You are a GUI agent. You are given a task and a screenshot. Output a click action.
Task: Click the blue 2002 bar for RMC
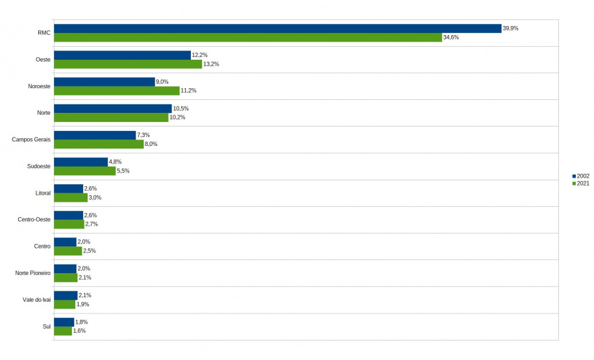277,29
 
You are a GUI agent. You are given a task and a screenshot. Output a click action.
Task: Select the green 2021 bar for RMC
247,38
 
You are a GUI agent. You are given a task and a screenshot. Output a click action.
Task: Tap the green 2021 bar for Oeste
128,64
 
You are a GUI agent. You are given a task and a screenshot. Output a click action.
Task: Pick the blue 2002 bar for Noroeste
105,82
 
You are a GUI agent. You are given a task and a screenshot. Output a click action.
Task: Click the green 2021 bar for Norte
111,117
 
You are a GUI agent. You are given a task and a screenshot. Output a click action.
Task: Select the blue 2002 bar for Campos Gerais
95,135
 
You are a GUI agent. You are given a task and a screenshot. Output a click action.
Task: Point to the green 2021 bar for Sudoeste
84,171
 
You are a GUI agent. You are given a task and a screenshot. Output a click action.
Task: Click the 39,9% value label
510,29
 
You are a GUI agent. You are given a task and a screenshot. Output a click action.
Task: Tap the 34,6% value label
451,38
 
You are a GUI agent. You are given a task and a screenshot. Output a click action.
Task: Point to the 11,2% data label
188,91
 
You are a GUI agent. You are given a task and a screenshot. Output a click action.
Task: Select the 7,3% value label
143,135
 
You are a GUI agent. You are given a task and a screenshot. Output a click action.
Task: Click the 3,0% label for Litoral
95,197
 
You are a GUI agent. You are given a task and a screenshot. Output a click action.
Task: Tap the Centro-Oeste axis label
34,219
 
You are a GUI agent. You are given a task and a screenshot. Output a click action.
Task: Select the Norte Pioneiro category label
32,273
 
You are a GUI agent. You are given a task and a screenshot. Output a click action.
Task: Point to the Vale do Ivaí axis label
36,300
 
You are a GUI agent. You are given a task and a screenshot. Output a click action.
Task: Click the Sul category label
46,326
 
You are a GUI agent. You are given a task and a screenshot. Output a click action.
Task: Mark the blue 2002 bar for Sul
64,322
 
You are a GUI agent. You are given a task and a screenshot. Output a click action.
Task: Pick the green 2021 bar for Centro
68,251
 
